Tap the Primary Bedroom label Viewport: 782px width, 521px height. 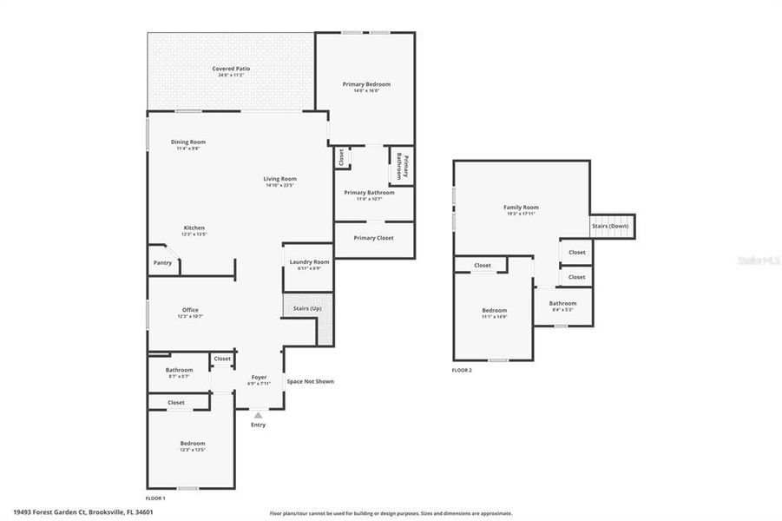click(x=366, y=84)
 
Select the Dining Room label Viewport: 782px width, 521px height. click(x=187, y=142)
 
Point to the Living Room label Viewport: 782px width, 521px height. click(x=280, y=179)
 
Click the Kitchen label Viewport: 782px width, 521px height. click(x=194, y=228)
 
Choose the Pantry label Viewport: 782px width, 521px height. click(x=162, y=262)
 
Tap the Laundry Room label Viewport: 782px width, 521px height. click(x=309, y=261)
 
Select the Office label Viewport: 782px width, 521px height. click(x=190, y=310)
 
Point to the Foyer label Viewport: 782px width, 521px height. click(x=259, y=377)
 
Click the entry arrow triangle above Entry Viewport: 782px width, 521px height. click(x=258, y=415)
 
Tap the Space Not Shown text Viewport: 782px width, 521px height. click(x=310, y=381)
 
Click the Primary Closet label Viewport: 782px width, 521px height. click(x=374, y=237)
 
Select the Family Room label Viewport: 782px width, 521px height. click(x=521, y=208)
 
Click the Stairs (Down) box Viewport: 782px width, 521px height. click(x=612, y=226)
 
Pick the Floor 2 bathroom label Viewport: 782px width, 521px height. click(x=562, y=303)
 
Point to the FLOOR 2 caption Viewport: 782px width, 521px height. click(x=462, y=370)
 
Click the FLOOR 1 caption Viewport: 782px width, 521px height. click(x=155, y=498)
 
